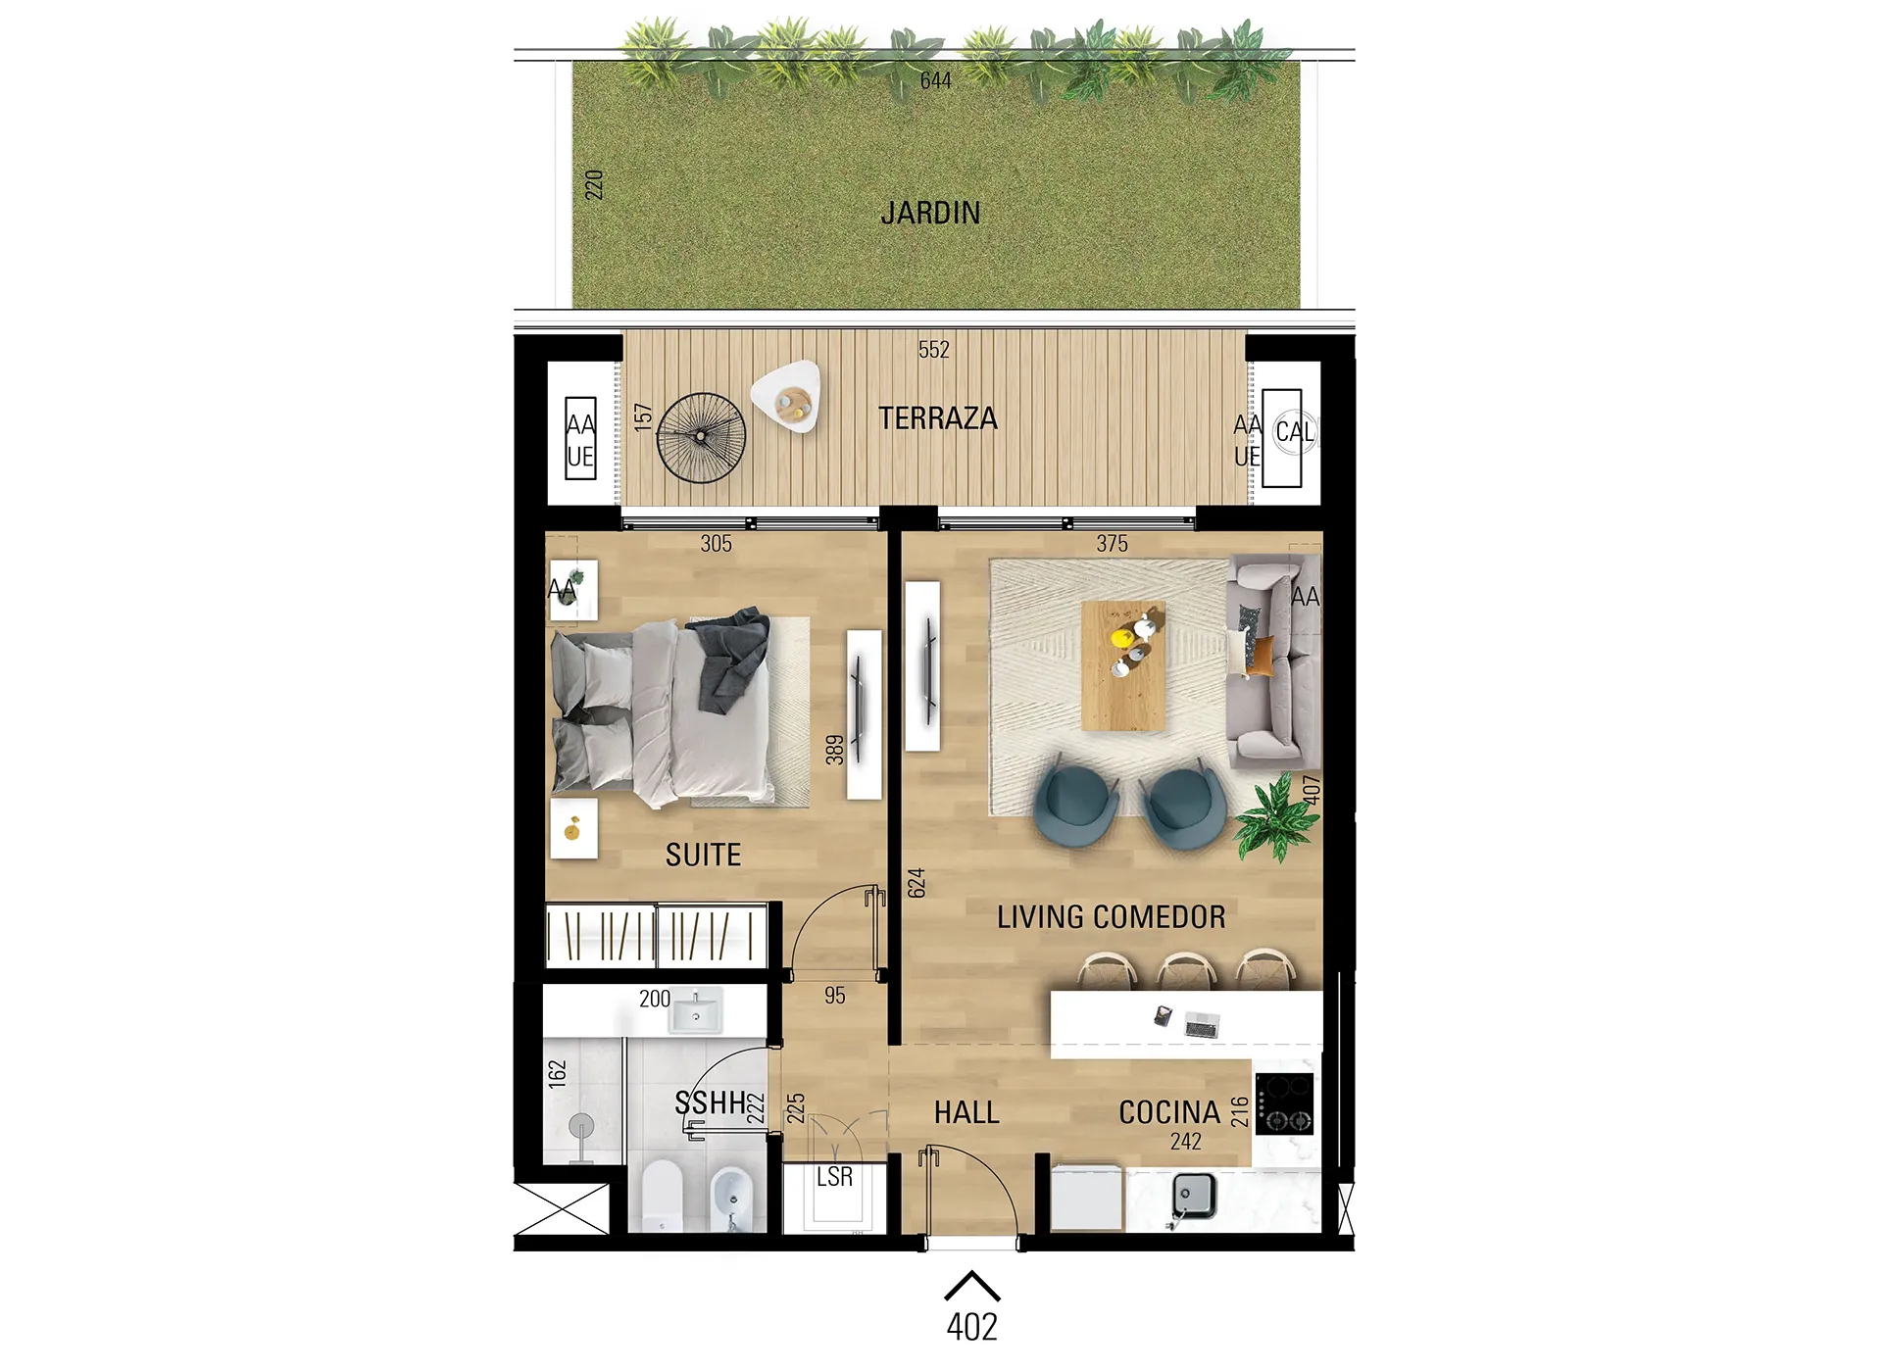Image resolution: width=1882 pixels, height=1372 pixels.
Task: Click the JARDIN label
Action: point(930,213)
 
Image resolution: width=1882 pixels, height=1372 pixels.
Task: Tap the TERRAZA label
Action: point(937,418)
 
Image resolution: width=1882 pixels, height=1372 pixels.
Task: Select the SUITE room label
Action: point(703,855)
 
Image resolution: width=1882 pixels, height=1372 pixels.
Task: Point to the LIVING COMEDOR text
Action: point(1111,916)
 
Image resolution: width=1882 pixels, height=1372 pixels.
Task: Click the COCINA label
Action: point(1169,1112)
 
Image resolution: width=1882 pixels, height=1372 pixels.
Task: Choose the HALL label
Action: point(966,1112)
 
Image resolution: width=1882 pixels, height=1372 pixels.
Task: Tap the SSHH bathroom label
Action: point(711,1102)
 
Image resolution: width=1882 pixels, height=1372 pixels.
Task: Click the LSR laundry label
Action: point(834,1176)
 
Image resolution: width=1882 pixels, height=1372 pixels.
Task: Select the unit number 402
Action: point(971,1327)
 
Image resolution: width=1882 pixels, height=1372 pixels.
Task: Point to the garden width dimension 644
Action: point(935,80)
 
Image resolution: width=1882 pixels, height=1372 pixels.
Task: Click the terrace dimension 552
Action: point(934,350)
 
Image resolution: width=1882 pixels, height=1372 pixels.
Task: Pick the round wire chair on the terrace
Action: point(701,438)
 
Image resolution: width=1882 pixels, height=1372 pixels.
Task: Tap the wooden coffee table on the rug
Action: point(1123,665)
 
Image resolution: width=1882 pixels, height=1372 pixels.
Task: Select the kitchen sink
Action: point(1195,1196)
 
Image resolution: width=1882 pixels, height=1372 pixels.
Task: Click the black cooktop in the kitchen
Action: point(1284,1104)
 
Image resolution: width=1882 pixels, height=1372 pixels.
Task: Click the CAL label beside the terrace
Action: point(1294,432)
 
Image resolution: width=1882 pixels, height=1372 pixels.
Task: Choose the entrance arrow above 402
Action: point(971,1285)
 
